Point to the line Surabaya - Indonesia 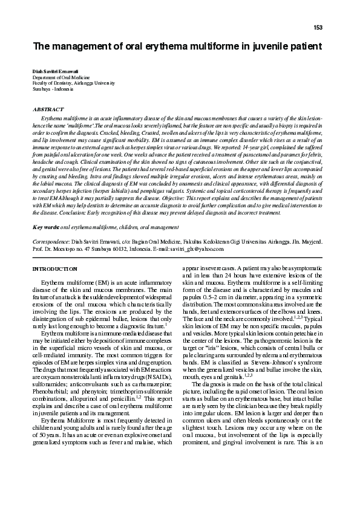click(53, 89)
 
